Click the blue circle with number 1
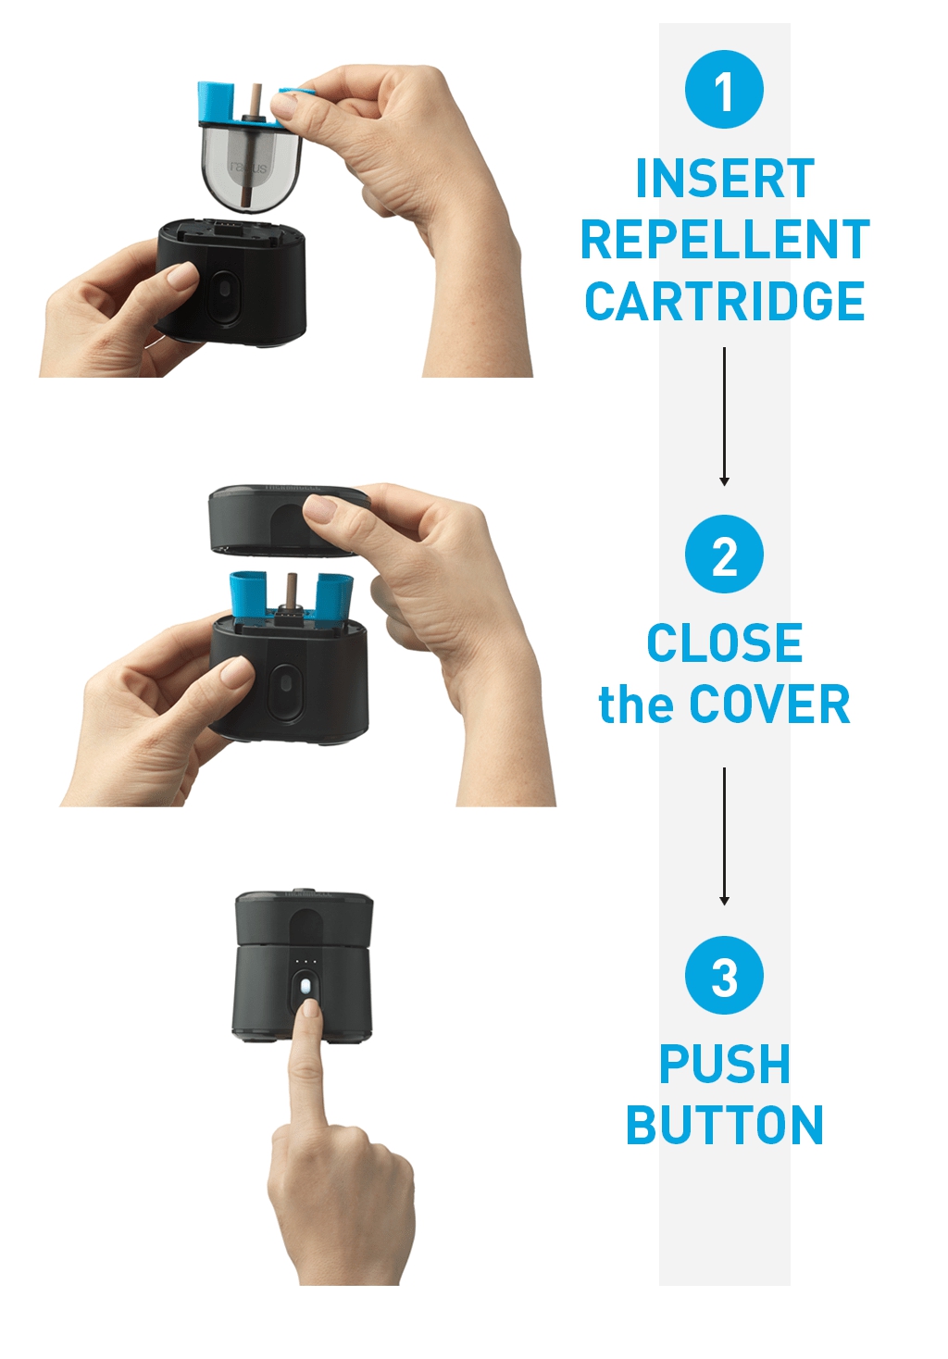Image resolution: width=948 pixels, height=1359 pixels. point(724,89)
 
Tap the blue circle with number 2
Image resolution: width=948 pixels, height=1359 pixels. point(724,554)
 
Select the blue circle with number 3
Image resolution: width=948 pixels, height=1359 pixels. point(724,975)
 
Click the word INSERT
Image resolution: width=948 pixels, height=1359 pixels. point(725,178)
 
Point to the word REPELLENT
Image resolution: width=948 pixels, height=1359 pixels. point(726,240)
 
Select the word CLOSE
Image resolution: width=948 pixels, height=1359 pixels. point(725,642)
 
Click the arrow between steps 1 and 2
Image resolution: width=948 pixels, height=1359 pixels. point(724,417)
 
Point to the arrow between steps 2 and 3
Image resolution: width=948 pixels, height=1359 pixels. point(724,837)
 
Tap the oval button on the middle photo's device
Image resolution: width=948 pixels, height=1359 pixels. point(286,691)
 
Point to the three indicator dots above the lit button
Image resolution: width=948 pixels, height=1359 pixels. point(306,961)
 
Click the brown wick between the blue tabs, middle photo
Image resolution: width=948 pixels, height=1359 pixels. point(292,591)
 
